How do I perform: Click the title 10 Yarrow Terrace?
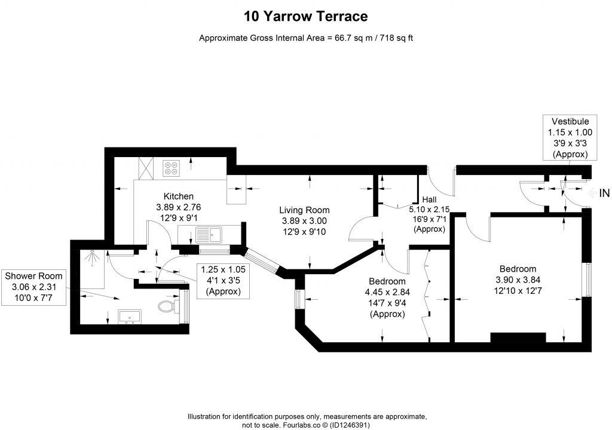pos(305,16)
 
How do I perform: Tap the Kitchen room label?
pos(179,196)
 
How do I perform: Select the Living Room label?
pos(304,210)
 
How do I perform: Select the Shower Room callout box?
pos(33,287)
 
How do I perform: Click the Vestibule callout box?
pos(570,137)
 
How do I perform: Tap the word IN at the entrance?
pos(604,193)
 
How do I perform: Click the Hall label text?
pos(429,199)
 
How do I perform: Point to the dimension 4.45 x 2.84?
pos(387,292)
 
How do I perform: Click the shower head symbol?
pos(91,257)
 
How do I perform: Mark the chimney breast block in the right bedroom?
pos(518,337)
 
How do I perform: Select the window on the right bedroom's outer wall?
pos(587,279)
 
